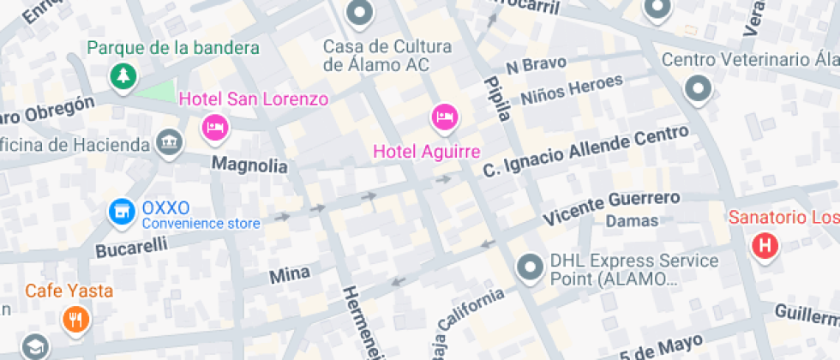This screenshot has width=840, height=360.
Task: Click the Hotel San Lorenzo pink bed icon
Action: tap(214, 129)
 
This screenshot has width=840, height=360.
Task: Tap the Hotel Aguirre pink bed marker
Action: tap(444, 117)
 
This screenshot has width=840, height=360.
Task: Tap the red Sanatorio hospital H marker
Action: tap(764, 247)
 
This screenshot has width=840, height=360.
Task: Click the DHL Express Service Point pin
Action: tap(531, 268)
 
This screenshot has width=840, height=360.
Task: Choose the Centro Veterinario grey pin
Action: tap(699, 87)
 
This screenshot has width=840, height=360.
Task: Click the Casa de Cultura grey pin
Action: tap(359, 13)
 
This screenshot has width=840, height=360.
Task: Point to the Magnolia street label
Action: tap(249, 165)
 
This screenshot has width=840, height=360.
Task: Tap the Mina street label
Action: tap(290, 275)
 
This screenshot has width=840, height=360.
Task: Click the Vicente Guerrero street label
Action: tap(612, 207)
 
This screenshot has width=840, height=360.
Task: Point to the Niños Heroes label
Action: tap(571, 88)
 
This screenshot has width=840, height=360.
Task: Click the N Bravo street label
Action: tap(537, 65)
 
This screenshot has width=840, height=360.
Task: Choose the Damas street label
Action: tap(632, 221)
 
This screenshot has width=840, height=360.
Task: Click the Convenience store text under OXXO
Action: tap(201, 225)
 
